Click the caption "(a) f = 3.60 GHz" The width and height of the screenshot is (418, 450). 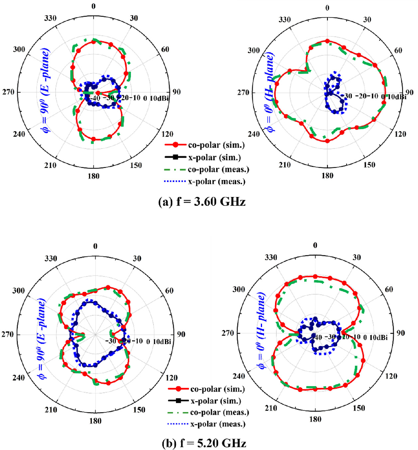click(202, 202)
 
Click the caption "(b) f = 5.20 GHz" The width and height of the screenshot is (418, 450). click(204, 443)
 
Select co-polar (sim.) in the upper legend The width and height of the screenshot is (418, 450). click(216, 145)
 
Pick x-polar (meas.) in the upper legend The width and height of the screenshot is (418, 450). click(216, 182)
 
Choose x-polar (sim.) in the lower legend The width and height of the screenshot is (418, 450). click(215, 401)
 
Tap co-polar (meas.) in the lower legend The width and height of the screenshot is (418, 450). click(219, 412)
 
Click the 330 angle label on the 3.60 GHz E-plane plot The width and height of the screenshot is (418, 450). click(51, 18)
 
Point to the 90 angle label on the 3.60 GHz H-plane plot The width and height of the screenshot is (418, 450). click(409, 92)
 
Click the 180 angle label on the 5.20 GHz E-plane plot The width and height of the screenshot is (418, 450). click(95, 421)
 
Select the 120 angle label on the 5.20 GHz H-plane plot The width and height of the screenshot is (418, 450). click(391, 376)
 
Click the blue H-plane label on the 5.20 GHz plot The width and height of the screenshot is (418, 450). click(261, 330)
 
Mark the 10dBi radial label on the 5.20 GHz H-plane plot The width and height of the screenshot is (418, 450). click(378, 337)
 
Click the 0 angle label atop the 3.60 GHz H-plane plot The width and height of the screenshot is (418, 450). click(327, 8)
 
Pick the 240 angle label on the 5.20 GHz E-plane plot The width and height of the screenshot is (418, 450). click(19, 378)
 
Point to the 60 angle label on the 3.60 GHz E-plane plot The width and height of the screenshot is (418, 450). click(165, 49)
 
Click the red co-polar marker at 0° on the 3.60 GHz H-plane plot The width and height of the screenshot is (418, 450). click(327, 41)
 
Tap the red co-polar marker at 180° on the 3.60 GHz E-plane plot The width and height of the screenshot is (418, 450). click(93, 139)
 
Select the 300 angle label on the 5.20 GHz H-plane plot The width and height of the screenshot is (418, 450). click(238, 289)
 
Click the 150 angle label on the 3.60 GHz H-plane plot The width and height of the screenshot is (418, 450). click(369, 165)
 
